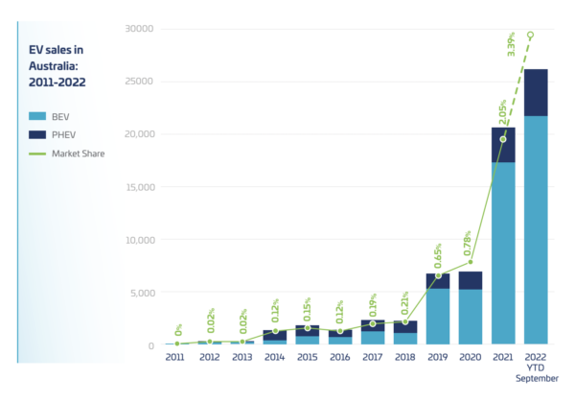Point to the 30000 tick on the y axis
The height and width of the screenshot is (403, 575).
pos(139,29)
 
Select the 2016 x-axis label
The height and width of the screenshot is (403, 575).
pos(340,358)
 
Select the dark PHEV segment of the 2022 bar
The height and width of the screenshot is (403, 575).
pos(536,92)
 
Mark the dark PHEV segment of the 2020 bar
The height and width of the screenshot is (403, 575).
pos(471,280)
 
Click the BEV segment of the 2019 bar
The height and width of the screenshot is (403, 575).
pos(438,317)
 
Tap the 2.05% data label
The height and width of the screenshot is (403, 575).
pos(501,112)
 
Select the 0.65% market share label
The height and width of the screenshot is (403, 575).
pos(436,257)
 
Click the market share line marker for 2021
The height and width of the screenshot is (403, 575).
pos(503,139)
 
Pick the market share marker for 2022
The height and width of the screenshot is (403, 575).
pos(531,36)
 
